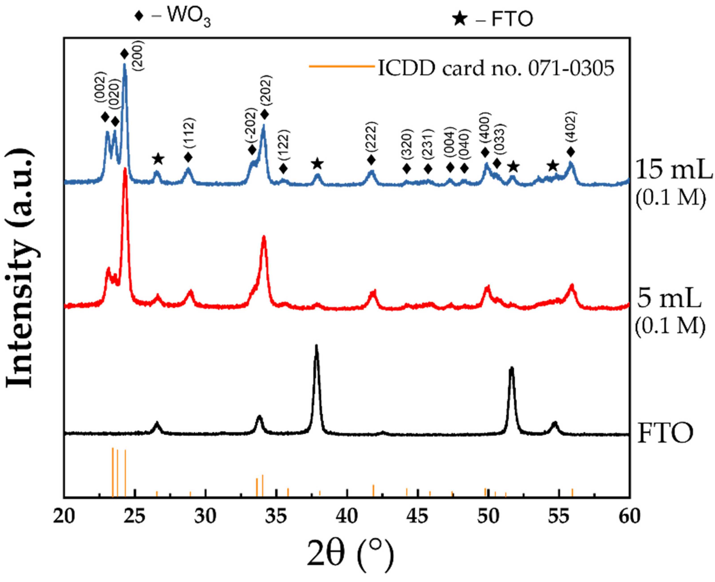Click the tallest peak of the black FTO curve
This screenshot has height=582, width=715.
[316, 346]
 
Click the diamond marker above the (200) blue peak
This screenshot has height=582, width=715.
[124, 54]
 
